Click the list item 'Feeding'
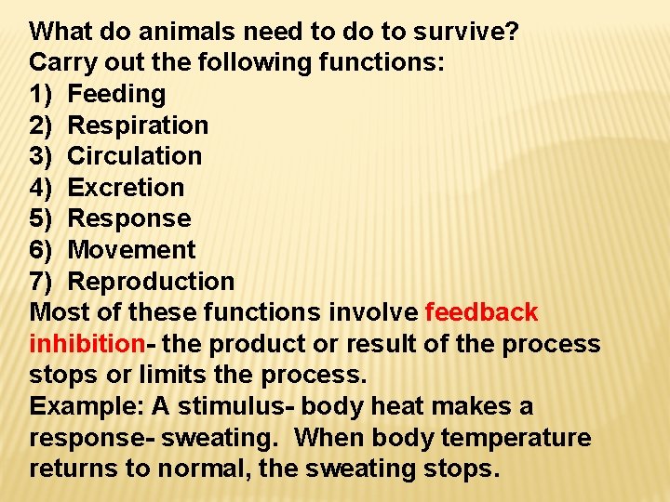pos(117,94)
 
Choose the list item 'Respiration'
pos(139,125)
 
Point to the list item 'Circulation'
pos(135,156)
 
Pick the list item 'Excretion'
pos(127,188)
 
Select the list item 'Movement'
pos(132,250)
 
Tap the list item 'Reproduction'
pos(152,281)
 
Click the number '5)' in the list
pos(42,219)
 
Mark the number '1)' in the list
pos(42,94)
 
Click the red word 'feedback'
pos(481,312)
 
